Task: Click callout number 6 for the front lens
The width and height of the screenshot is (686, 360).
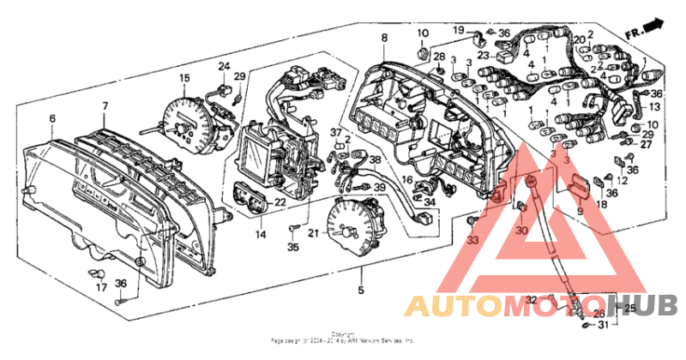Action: click(51, 118)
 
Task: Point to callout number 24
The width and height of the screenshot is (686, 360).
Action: click(224, 66)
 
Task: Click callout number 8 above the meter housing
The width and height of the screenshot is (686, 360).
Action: click(384, 38)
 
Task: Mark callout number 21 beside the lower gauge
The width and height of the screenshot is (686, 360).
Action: click(313, 232)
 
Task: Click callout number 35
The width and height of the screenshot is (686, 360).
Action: click(293, 248)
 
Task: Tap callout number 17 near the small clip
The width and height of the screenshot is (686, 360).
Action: click(101, 288)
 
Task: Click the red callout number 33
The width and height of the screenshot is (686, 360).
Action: click(471, 240)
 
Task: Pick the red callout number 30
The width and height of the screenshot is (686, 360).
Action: click(522, 229)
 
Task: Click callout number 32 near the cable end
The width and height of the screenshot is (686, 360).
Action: click(531, 298)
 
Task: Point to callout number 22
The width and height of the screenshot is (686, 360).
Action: click(280, 201)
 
